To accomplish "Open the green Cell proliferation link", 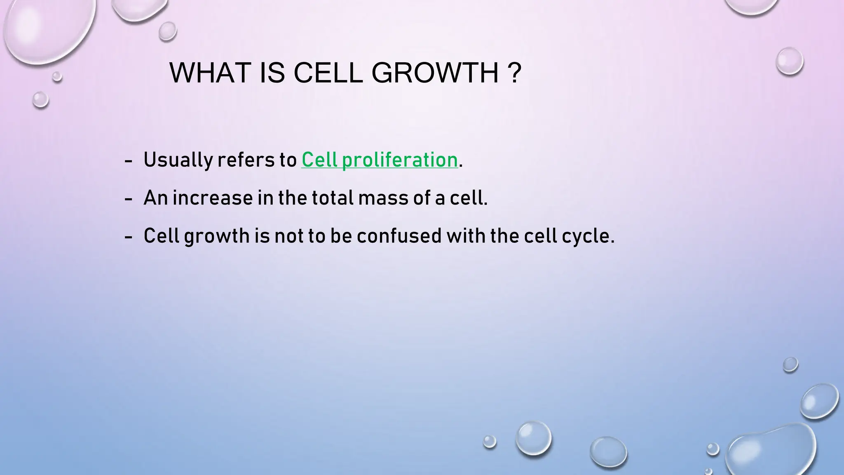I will click(x=379, y=160).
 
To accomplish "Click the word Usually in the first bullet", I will click(x=178, y=160).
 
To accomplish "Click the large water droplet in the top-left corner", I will click(x=45, y=29).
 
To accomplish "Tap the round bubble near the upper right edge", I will click(x=789, y=61).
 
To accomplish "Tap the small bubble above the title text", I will click(x=168, y=31).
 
